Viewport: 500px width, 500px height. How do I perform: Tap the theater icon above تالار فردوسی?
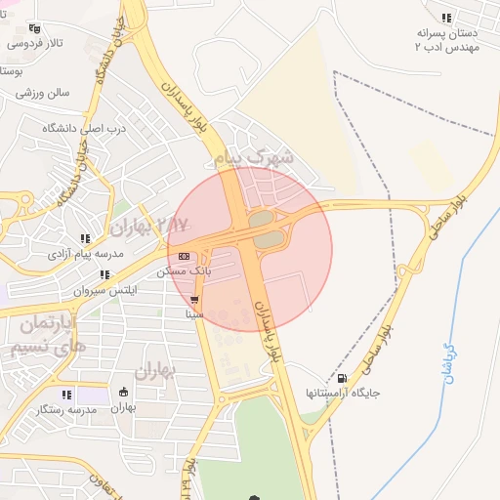tap(36, 29)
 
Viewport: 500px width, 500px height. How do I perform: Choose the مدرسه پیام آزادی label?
tap(86, 254)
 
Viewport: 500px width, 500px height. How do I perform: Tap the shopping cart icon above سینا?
tap(195, 300)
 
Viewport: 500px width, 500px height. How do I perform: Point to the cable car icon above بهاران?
tap(123, 393)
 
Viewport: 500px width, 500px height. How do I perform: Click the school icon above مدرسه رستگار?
tap(66, 395)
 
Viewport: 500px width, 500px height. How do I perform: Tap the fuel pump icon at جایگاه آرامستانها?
tap(341, 378)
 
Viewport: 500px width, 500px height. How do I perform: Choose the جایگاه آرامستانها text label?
tap(342, 393)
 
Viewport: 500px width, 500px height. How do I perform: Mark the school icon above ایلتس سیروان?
tap(104, 275)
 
